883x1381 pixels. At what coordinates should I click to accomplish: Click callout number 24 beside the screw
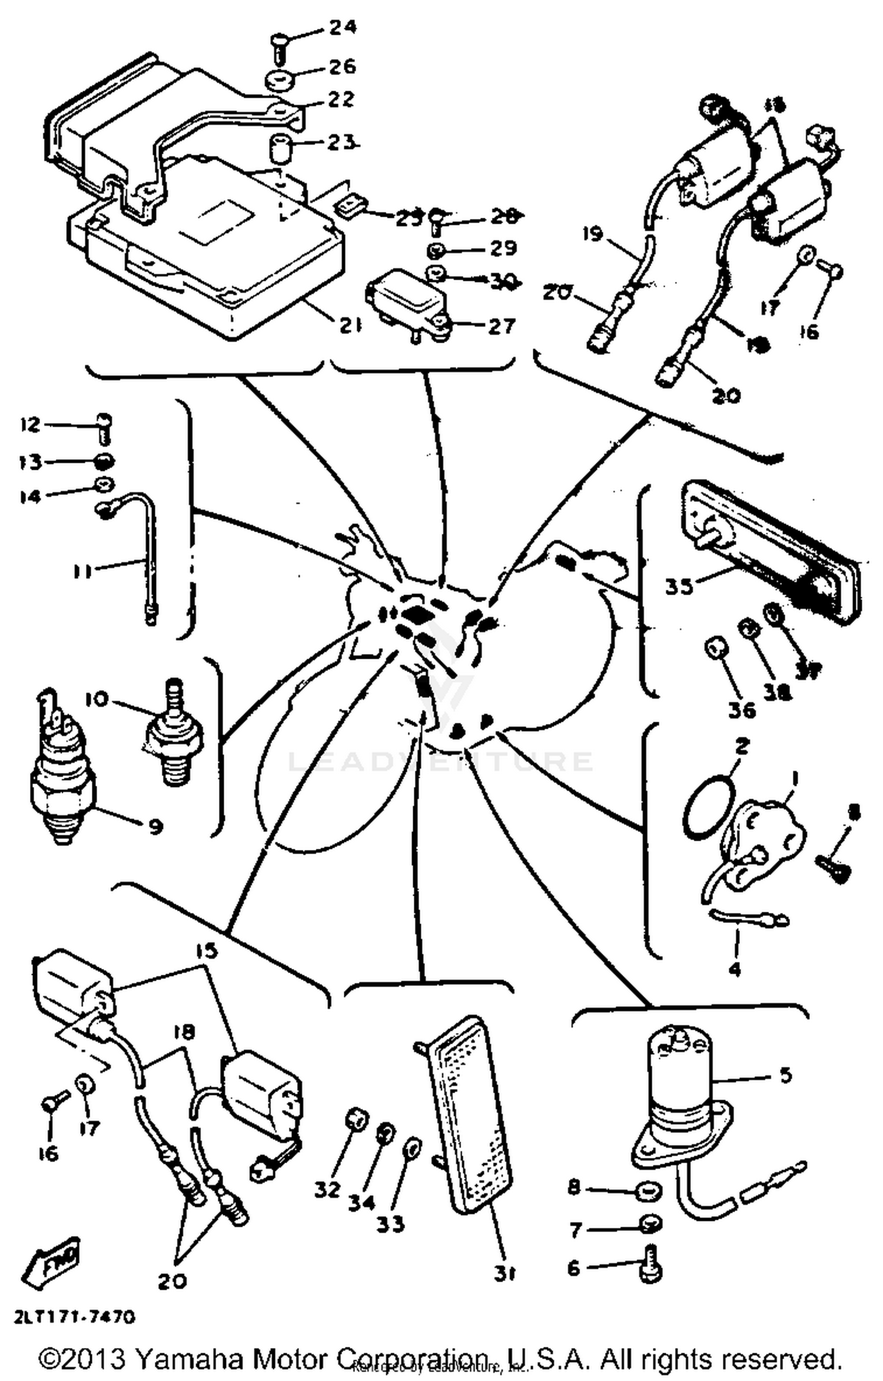click(342, 28)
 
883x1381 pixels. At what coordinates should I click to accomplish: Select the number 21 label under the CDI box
click(349, 326)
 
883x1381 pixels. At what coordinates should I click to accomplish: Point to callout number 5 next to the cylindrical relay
click(786, 1075)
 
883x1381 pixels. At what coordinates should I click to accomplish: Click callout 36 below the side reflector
click(741, 710)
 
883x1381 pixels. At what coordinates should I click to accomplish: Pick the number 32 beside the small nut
click(327, 1189)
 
